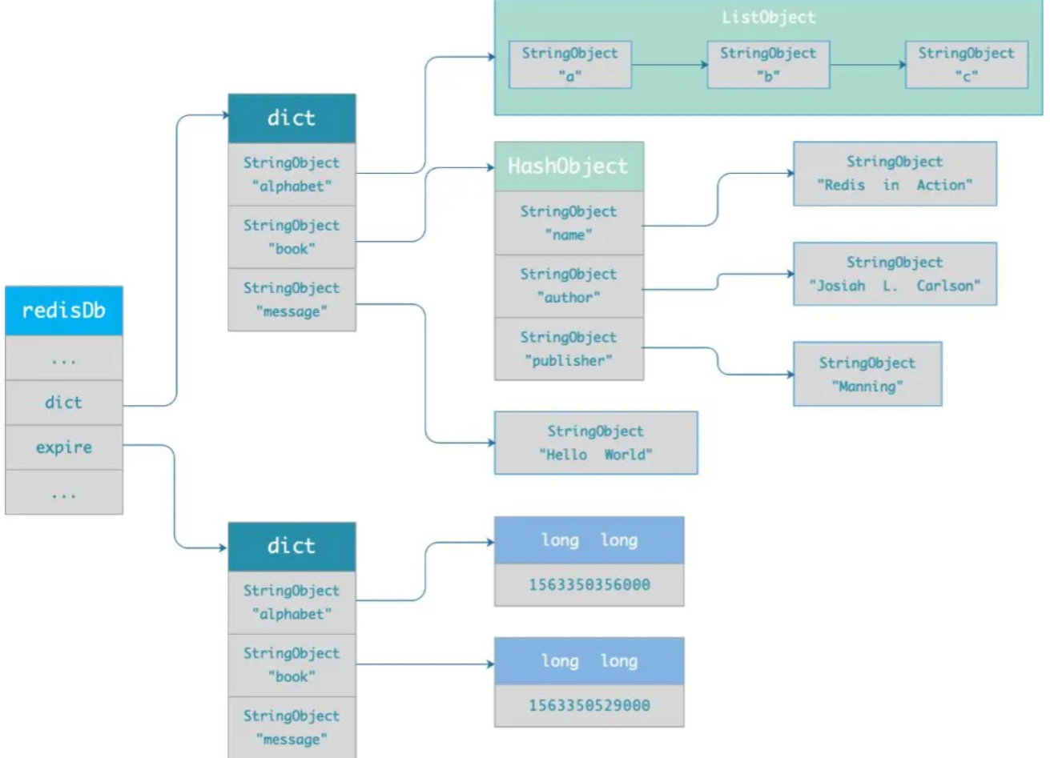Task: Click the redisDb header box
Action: click(63, 311)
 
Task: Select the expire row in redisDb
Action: click(63, 447)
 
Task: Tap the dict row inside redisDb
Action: click(63, 403)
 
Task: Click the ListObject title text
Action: click(768, 18)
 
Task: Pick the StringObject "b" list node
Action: click(768, 65)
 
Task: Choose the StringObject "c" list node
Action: click(966, 65)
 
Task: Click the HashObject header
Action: click(569, 166)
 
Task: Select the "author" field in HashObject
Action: click(569, 286)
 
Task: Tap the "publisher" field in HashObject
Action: click(569, 349)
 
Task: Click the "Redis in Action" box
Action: click(895, 174)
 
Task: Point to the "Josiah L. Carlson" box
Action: click(895, 274)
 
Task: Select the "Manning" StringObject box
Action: click(867, 375)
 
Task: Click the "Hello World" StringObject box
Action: click(595, 443)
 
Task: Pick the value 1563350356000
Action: click(589, 585)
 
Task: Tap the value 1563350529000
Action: click(589, 706)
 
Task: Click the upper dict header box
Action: click(292, 118)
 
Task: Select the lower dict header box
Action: click(292, 547)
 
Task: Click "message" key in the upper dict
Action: click(292, 299)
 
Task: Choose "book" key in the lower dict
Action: click(292, 665)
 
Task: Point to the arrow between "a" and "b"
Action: click(669, 65)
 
